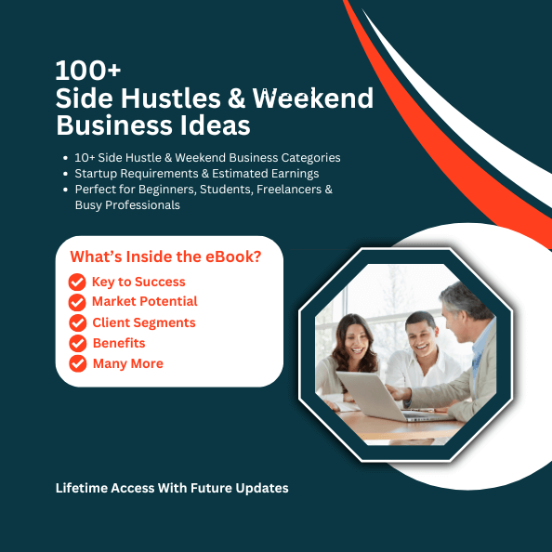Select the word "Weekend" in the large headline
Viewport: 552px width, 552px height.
(318, 98)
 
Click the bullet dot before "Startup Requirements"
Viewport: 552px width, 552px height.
(64, 174)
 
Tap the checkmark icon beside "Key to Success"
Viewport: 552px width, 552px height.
(77, 283)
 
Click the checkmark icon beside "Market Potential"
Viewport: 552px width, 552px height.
(77, 303)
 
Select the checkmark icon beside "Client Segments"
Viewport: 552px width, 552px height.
(77, 323)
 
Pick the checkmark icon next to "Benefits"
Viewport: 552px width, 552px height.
(77, 344)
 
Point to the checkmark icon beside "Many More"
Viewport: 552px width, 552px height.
(77, 364)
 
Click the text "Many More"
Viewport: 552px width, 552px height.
(127, 364)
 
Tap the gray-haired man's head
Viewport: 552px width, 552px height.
(462, 305)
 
